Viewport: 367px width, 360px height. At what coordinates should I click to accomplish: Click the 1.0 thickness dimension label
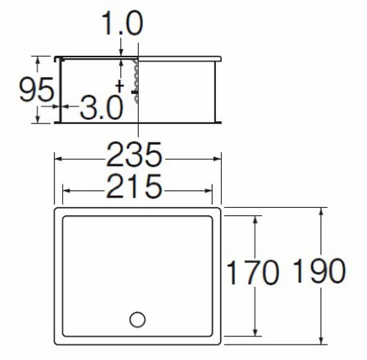coord(122,24)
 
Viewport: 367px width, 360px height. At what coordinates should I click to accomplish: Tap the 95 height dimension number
coord(37,89)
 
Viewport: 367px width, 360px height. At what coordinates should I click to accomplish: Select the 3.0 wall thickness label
coord(101,107)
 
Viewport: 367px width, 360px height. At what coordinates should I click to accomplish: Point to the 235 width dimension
coord(134,154)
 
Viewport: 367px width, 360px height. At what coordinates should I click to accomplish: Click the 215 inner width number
coord(134,186)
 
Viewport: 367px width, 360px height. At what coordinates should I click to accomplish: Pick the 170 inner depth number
coord(252,272)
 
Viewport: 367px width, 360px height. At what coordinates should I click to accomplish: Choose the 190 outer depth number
coord(319,270)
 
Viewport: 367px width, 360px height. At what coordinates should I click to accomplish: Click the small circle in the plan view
coord(137,320)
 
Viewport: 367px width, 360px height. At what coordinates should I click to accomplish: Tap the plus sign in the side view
coord(120,86)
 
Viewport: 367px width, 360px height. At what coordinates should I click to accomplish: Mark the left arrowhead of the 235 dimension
coord(58,159)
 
